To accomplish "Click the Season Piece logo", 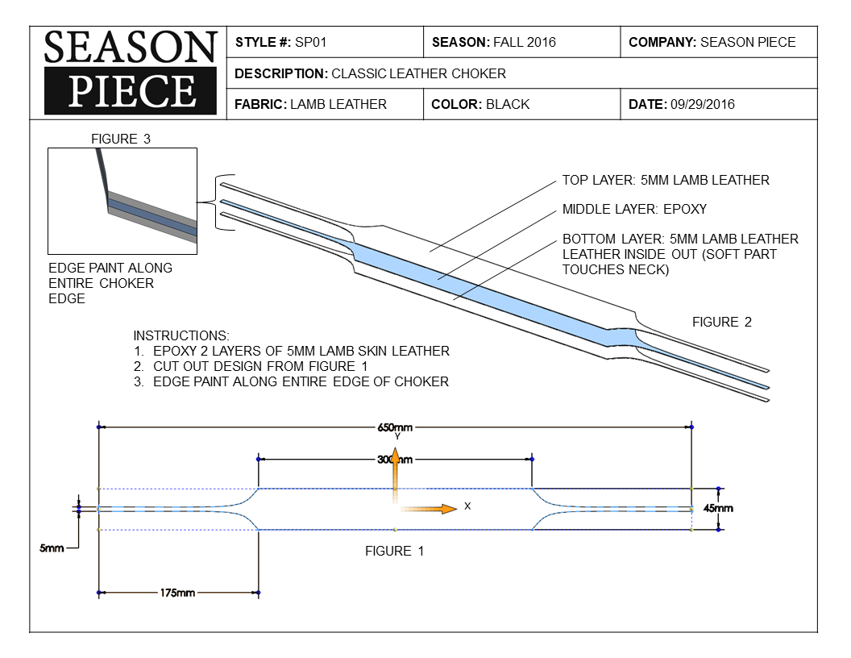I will click(x=130, y=72).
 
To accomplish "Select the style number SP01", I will click(x=310, y=42).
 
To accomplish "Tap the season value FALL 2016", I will click(x=524, y=42).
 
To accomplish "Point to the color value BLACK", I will click(x=508, y=104).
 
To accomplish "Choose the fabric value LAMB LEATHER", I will click(x=338, y=104).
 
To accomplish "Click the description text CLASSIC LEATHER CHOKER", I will click(x=419, y=73).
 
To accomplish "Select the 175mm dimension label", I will click(x=177, y=593).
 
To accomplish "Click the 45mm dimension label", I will click(x=718, y=509).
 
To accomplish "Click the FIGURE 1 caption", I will click(x=394, y=552).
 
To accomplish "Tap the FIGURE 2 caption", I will click(x=721, y=322).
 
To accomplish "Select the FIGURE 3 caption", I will click(x=121, y=139).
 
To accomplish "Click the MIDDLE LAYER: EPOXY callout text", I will click(x=634, y=210).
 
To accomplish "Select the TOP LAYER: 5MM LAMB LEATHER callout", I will click(x=666, y=180).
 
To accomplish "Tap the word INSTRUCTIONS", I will click(x=181, y=335).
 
